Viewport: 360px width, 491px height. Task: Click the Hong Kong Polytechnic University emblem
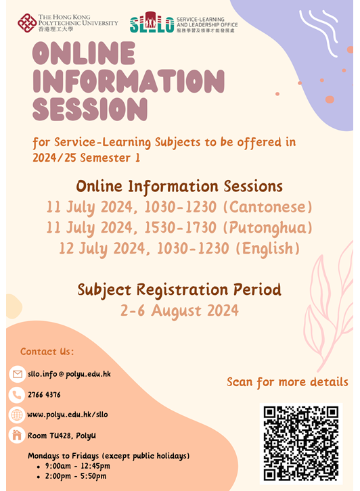point(28,22)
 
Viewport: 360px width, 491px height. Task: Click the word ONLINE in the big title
point(84,55)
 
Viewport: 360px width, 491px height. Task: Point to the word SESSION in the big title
point(89,108)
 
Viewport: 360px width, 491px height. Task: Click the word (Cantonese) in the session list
point(270,206)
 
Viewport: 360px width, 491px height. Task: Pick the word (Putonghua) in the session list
point(268,227)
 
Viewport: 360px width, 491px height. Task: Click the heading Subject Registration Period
point(179,289)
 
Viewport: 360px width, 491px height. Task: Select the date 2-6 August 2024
point(179,310)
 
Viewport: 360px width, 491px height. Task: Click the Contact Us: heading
point(47,352)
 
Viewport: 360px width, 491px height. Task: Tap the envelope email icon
point(17,374)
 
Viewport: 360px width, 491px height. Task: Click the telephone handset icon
point(17,394)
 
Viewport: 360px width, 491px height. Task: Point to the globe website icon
point(17,415)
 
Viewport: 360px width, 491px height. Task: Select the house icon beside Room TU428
point(17,436)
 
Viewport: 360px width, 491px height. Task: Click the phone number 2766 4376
point(44,394)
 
